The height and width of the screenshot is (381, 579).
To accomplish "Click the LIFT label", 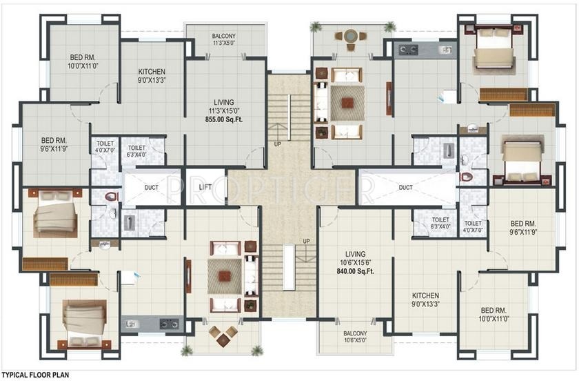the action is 205,187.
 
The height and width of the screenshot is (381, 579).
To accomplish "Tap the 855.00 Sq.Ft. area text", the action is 224,119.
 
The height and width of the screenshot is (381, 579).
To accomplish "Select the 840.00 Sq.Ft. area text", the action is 355,271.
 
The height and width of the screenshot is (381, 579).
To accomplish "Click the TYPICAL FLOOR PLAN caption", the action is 35,375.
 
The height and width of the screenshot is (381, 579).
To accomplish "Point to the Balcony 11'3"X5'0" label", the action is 224,39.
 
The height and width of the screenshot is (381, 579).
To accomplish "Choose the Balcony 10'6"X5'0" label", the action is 355,337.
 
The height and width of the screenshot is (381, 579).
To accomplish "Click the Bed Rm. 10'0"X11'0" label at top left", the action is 83,61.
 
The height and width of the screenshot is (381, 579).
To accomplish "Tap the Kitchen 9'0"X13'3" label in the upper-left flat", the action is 152,76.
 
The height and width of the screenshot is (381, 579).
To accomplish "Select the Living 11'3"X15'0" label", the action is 224,106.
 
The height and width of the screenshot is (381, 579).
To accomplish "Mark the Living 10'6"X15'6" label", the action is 355,258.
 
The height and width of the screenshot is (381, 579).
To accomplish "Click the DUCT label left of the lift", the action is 152,188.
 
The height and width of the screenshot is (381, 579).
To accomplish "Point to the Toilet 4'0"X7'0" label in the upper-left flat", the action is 105,147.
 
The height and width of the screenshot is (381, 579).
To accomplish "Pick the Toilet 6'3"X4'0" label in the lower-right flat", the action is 440,223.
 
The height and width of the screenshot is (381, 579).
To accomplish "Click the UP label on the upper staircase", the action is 278,144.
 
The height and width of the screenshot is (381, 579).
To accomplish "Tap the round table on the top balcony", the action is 350,37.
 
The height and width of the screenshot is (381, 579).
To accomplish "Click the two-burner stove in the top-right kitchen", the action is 408,48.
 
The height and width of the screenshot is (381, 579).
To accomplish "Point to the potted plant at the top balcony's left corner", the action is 316,27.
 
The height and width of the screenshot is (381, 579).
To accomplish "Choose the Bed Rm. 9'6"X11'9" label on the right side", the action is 523,228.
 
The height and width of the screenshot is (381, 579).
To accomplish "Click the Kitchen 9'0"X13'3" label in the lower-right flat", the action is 426,300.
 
